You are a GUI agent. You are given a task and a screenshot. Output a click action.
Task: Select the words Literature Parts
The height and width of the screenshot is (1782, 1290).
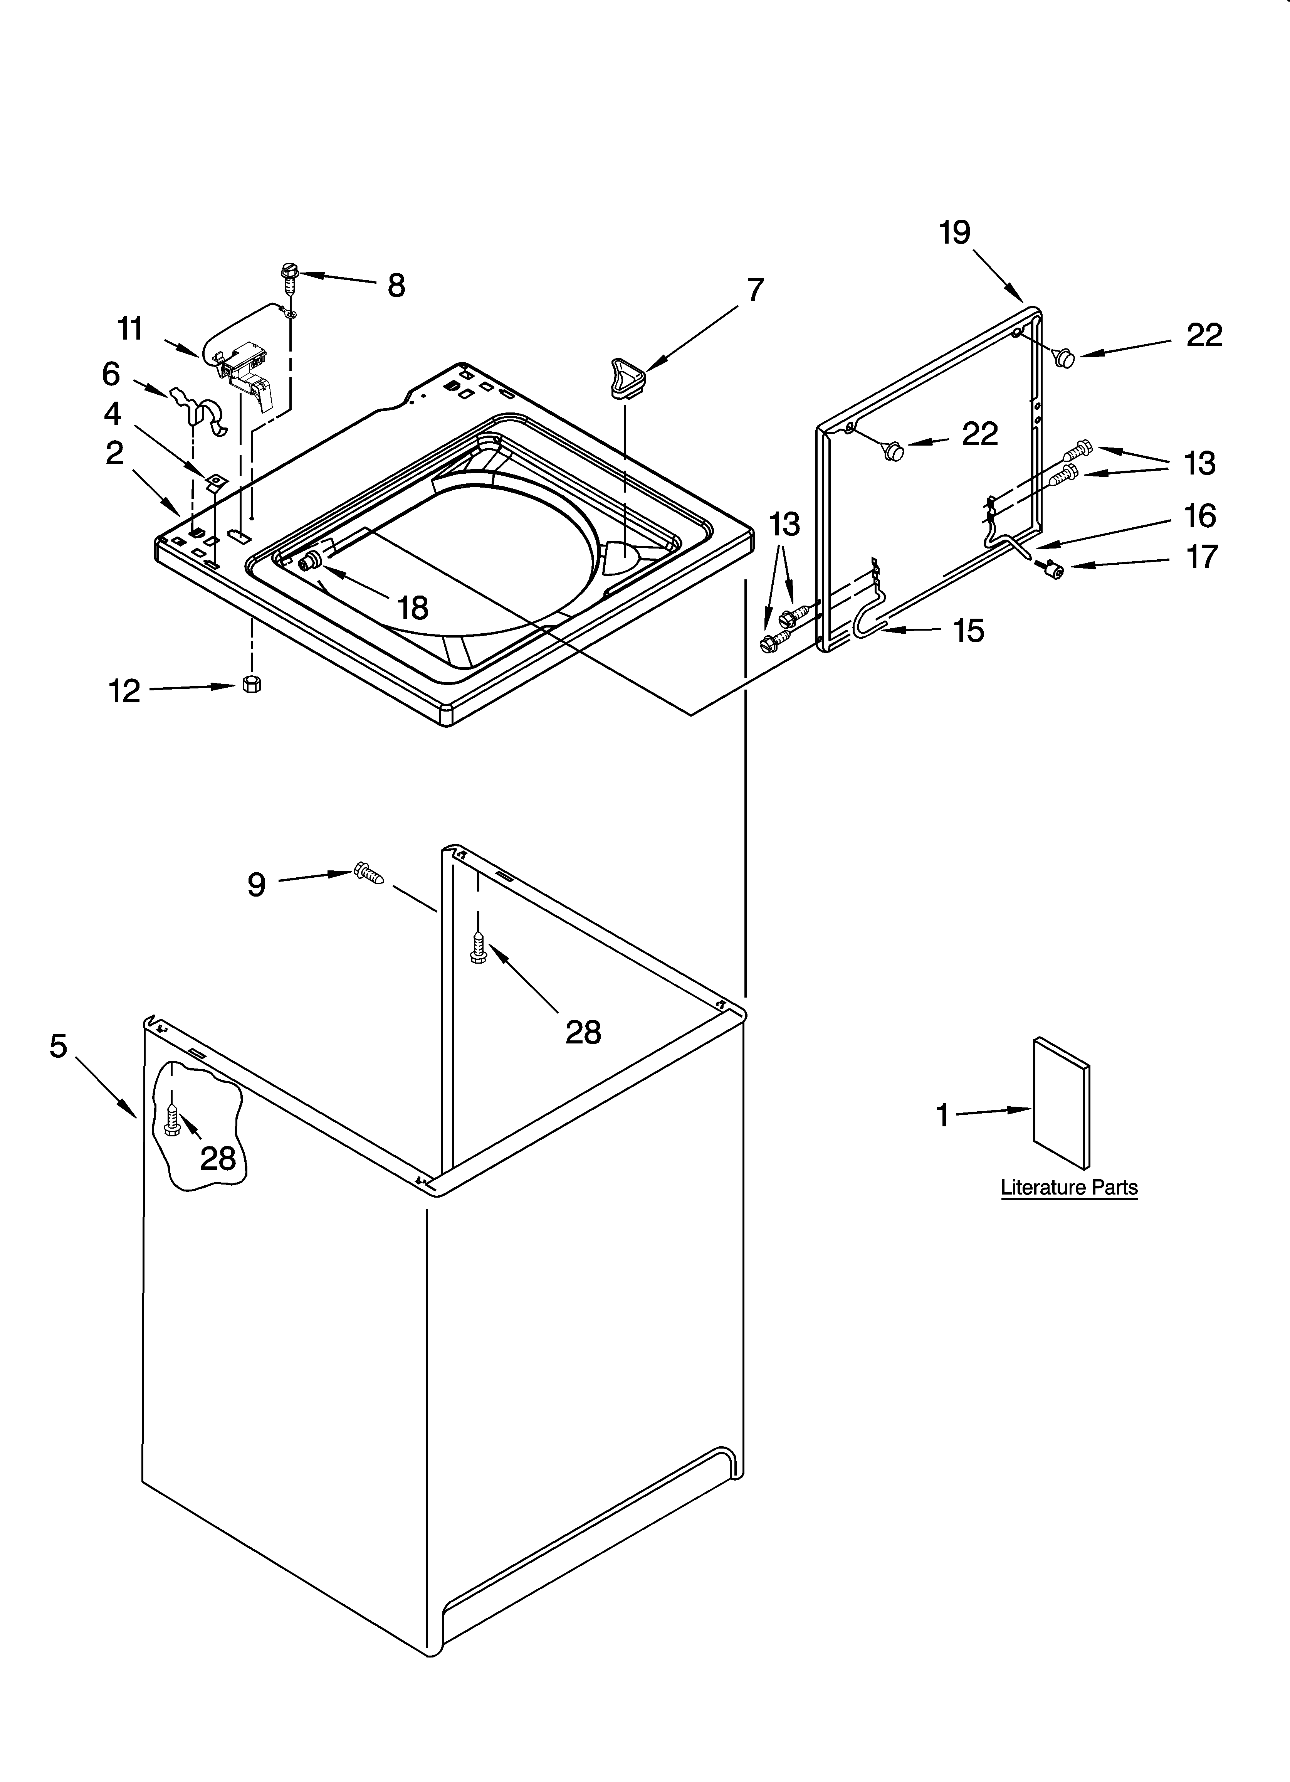pos(1068,1187)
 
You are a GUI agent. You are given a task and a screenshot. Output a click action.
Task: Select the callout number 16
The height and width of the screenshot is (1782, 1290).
pos(1200,516)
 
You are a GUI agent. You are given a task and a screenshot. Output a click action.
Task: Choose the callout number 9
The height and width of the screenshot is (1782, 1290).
pos(257,885)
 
